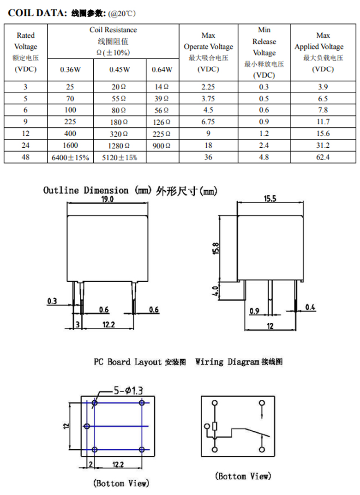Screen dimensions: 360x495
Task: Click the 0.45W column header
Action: [120, 69]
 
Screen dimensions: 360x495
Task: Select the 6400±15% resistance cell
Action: [70, 157]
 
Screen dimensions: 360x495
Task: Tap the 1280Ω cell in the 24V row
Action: [120, 145]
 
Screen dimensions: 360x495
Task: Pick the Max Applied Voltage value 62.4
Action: [323, 157]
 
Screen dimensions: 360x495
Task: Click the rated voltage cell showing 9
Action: [25, 121]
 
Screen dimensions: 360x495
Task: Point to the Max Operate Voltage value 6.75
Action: [208, 121]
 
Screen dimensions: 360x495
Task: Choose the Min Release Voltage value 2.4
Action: [264, 145]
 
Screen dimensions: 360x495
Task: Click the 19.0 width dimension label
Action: [107, 199]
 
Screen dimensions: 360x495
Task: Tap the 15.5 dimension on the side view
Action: [270, 198]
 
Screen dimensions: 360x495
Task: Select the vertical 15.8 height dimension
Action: [216, 248]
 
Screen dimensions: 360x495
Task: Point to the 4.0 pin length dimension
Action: [215, 291]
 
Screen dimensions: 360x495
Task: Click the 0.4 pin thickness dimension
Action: [310, 307]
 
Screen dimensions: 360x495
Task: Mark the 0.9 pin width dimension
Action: [254, 311]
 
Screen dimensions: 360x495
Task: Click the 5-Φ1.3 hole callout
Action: [128, 391]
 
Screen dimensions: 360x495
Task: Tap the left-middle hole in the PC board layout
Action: [87, 426]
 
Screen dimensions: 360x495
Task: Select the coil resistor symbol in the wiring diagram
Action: [215, 426]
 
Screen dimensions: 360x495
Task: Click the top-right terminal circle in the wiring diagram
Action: [262, 403]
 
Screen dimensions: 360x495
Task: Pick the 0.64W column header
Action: [162, 69]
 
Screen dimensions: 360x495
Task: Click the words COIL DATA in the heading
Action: [37, 13]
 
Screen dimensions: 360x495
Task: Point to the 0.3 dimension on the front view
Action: [52, 301]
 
